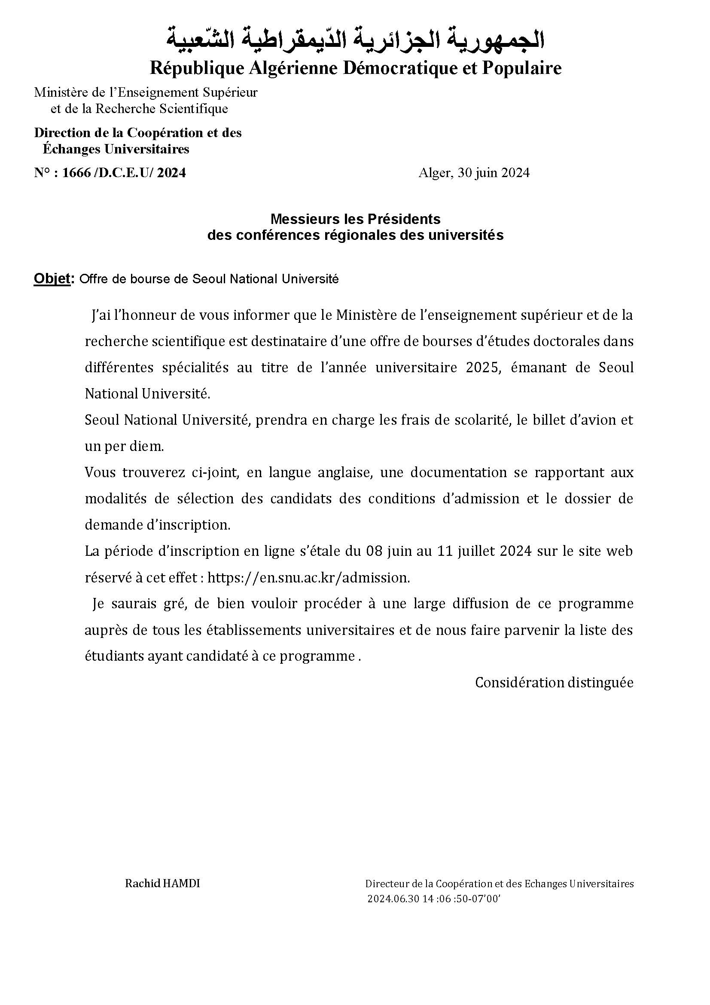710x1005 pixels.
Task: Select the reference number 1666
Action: (x=76, y=173)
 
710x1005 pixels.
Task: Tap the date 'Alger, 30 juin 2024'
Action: (x=474, y=173)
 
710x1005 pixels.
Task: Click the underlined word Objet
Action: (x=52, y=279)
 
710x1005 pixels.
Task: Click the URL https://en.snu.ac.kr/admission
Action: (x=308, y=578)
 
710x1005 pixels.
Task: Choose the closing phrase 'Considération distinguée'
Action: (x=554, y=683)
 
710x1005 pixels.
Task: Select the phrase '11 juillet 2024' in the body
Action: (x=485, y=551)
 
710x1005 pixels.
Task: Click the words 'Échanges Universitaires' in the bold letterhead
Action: (x=116, y=149)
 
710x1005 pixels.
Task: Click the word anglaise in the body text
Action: (x=345, y=473)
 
